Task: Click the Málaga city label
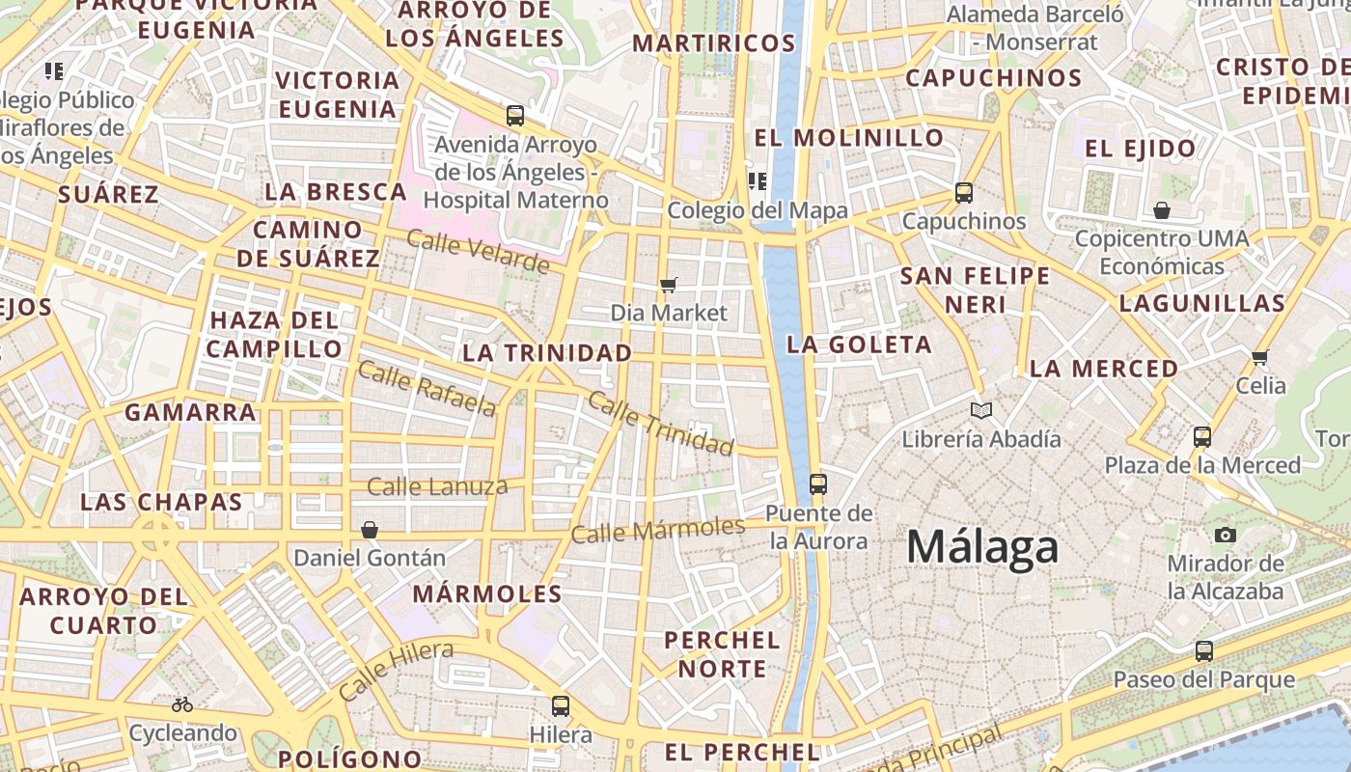click(982, 548)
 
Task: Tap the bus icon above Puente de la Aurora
click(818, 483)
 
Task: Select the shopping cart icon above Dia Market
click(668, 285)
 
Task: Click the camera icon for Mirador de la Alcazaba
click(1226, 535)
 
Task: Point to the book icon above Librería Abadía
click(981, 411)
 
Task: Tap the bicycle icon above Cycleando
click(182, 704)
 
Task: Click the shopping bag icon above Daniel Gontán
click(369, 530)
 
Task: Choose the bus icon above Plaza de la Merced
click(1202, 436)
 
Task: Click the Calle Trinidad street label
click(661, 423)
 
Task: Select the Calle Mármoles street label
click(658, 530)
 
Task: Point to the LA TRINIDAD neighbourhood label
click(547, 353)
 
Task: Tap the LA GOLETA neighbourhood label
click(859, 345)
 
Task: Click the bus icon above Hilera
click(561, 706)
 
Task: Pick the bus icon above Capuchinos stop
click(963, 192)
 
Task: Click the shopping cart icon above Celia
click(1259, 358)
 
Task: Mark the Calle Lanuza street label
click(437, 486)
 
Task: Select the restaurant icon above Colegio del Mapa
click(758, 180)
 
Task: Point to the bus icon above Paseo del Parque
click(1204, 651)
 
